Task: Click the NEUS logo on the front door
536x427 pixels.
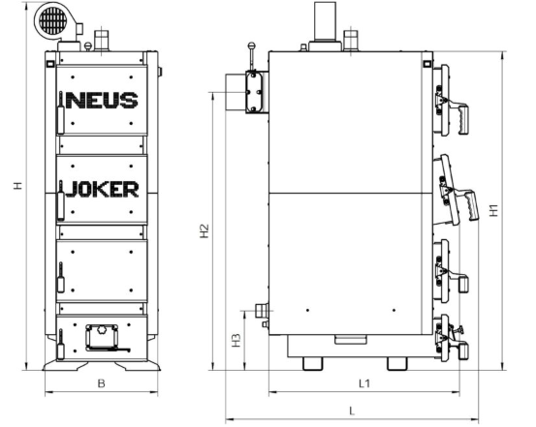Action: coord(102,100)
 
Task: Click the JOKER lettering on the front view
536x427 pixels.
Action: coord(102,189)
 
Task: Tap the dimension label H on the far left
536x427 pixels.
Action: coord(17,186)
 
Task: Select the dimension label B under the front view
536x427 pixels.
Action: coord(101,383)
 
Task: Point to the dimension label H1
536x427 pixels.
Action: coord(494,210)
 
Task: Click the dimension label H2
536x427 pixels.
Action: coord(205,230)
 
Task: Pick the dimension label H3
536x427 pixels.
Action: coord(236,341)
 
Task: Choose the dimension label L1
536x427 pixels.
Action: coord(364,383)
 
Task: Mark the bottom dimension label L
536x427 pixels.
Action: coord(352,411)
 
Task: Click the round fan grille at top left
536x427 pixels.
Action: coord(52,19)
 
